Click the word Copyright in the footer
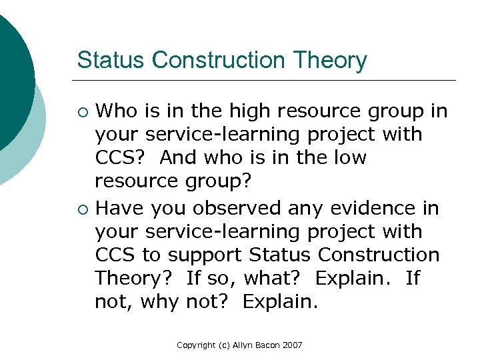(x=197, y=345)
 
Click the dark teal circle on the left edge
(x=13, y=80)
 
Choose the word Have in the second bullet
(x=120, y=209)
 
